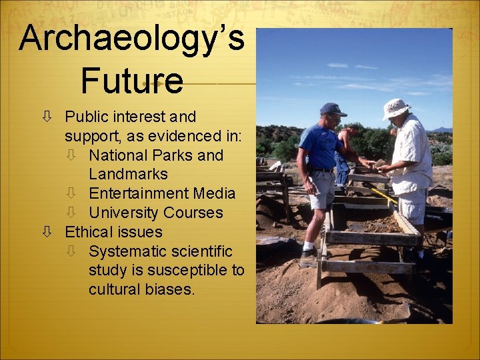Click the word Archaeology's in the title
pos(132,39)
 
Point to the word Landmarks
pos(128,174)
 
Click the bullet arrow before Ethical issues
pos(47,232)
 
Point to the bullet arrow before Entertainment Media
pos(71,193)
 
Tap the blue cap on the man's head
pos(332,109)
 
